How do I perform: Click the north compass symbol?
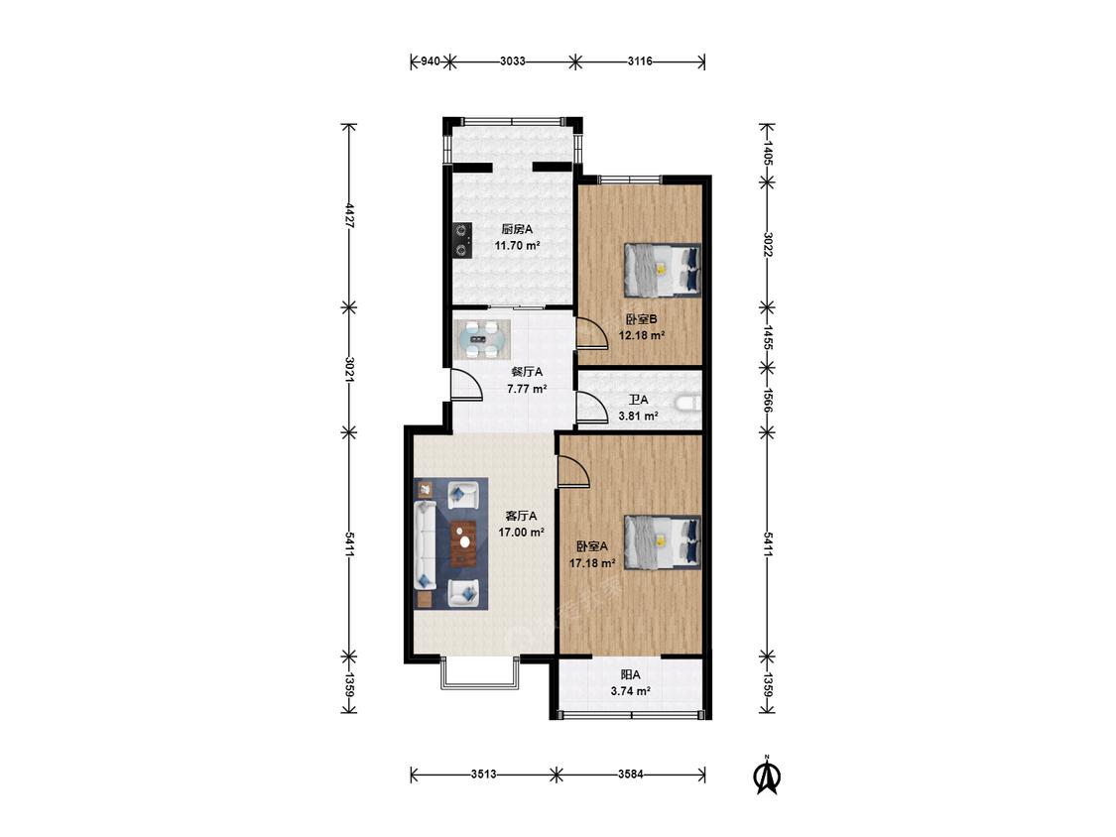pos(767,776)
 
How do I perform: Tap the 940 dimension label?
pos(430,61)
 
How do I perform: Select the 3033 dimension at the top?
pos(513,61)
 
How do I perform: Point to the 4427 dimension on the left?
pos(349,215)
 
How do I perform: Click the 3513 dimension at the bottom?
pos(483,775)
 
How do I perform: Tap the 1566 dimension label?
pos(767,400)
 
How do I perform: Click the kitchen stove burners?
pos(463,240)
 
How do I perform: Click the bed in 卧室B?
pos(663,270)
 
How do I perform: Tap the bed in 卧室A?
pos(663,542)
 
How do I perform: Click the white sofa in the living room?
pos(425,544)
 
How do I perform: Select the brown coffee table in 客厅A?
pos(464,543)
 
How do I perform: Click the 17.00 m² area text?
pos(521,532)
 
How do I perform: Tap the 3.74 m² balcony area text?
pos(631,690)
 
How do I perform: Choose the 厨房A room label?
pos(517,229)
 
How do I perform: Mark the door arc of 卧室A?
pos(573,472)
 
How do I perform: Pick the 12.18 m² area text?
pos(641,335)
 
